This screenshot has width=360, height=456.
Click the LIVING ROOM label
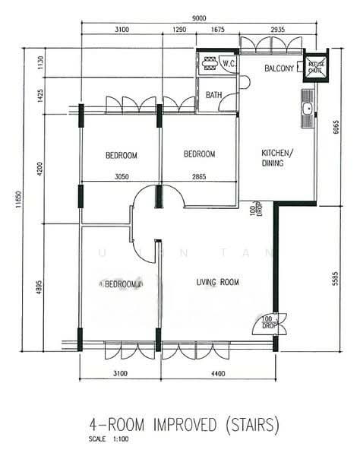pyautogui.click(x=218, y=283)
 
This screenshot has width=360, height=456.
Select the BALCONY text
pyautogui.click(x=279, y=69)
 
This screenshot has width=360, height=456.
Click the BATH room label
pyautogui.click(x=214, y=95)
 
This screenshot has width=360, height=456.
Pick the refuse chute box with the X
pyautogui.click(x=314, y=66)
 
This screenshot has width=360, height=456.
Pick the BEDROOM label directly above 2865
pyautogui.click(x=200, y=154)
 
